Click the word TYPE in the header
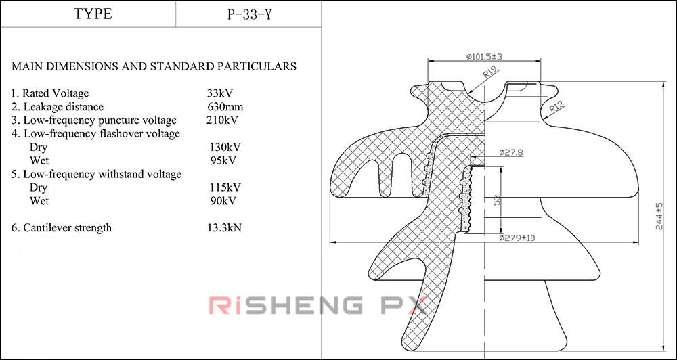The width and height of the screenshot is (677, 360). tap(93, 14)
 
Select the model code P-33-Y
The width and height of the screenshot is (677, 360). tap(249, 14)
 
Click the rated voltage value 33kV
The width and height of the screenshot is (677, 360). tap(220, 93)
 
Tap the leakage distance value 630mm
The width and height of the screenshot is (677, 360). tap(225, 107)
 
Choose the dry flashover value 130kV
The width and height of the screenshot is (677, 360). tap(226, 147)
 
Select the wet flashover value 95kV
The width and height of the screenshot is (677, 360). tap(223, 160)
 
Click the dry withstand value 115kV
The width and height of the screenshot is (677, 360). tap(226, 187)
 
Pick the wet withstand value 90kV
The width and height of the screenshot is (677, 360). tap(223, 201)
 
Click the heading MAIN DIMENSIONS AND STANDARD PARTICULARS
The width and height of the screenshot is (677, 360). tap(154, 66)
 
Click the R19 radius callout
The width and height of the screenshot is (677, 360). tap(491, 72)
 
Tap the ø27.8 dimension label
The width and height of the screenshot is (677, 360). tap(511, 153)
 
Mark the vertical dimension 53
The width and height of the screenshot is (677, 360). tap(497, 200)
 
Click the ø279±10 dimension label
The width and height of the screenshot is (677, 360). tap(517, 238)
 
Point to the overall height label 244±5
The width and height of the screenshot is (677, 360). tap(660, 217)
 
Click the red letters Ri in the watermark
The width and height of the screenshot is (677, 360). tap(223, 306)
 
